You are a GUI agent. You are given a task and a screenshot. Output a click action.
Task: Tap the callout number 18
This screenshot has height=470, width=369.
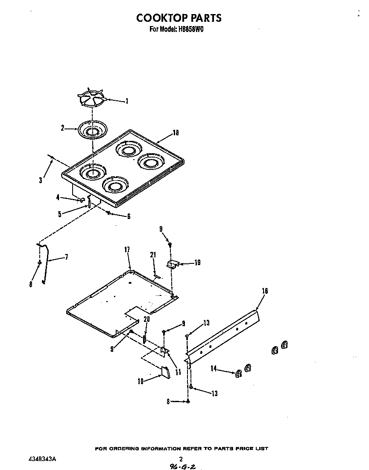tap(176, 133)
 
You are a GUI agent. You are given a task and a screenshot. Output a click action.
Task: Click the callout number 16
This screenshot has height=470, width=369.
tap(265, 291)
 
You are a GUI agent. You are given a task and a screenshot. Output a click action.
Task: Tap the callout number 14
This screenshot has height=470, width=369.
tap(214, 368)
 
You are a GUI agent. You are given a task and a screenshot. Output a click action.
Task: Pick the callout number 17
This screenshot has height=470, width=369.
tap(127, 250)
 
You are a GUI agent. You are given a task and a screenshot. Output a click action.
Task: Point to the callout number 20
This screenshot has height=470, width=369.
tap(146, 319)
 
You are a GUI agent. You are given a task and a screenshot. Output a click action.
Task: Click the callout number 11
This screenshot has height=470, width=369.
tap(178, 372)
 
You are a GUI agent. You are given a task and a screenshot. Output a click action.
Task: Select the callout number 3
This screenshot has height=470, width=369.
tap(41, 181)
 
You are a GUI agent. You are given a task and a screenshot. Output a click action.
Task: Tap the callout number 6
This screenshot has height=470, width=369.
tap(129, 216)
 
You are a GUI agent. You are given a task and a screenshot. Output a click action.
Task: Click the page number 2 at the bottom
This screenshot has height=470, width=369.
tap(181, 459)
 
